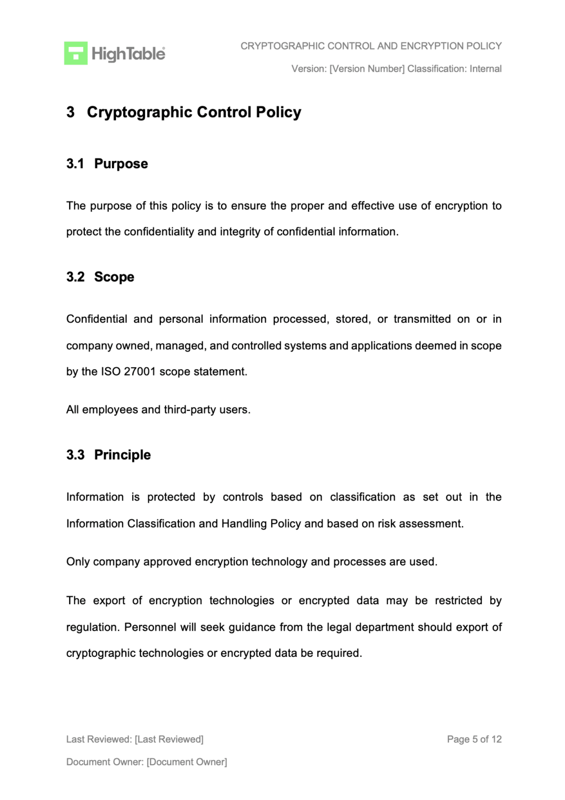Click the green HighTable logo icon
pos(75,53)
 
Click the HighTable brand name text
pos(128,54)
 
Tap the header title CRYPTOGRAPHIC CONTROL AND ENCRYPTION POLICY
pos(370,46)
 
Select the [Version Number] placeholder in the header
pos(367,69)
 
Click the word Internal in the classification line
pos(485,69)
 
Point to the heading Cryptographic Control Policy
pos(194,112)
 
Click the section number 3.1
pos(75,164)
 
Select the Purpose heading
pos(121,164)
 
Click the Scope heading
pos(114,277)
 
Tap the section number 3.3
pos(75,455)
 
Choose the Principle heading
pos(122,455)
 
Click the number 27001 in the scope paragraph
pos(140,372)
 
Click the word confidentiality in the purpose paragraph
pos(159,232)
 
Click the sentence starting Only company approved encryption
pos(251,562)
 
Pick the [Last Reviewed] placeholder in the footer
pos(169,739)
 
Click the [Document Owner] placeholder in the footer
pos(186,762)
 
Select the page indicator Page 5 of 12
pos(474,739)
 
